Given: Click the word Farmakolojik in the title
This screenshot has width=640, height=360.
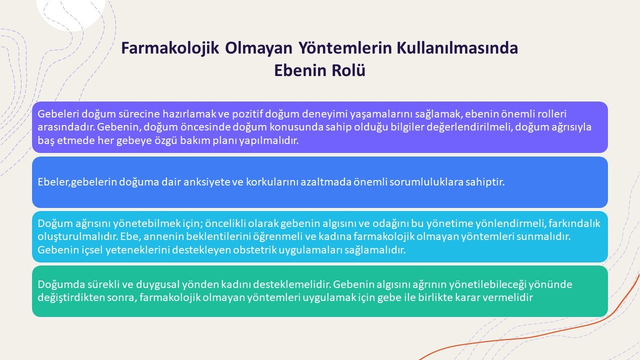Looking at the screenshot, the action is (170, 48).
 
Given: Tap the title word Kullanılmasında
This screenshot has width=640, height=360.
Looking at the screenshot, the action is (457, 47).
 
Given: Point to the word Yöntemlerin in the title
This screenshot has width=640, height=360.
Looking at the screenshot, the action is (345, 47).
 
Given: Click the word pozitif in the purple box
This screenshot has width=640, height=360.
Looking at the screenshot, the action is (247, 114).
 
